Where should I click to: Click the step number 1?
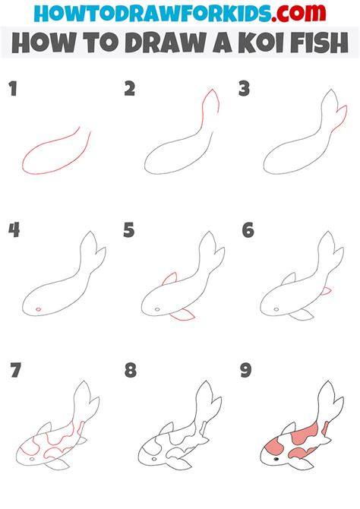[13, 90]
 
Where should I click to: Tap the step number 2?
[130, 90]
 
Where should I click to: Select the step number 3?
[245, 90]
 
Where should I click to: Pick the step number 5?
[130, 230]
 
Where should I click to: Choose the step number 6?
[247, 230]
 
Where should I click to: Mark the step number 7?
[14, 371]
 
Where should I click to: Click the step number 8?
[130, 371]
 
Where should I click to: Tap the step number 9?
[247, 371]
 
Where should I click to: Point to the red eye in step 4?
[37, 309]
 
